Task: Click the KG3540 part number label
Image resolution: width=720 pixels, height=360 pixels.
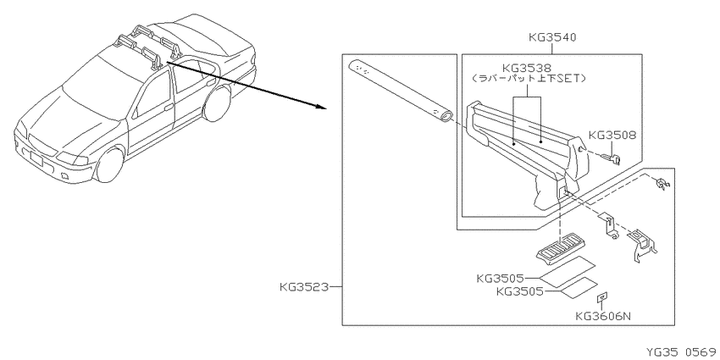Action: coord(552,36)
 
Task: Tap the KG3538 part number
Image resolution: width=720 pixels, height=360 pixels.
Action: coord(527,69)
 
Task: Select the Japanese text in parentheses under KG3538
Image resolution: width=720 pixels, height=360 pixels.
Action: coord(529,79)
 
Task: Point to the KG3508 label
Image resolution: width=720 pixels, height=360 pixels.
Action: coord(612,135)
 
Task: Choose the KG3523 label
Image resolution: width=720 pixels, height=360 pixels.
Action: coord(304,287)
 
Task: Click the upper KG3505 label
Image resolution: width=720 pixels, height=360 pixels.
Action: coord(501,279)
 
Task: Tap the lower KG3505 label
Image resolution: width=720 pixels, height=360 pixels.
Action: coord(520,291)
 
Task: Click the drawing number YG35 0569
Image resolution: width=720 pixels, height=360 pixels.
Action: coord(681,352)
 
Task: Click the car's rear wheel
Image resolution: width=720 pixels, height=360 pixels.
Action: coord(216,104)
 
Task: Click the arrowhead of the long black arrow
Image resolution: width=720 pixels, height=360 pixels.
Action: coord(320,108)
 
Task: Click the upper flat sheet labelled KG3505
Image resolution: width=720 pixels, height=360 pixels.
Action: coord(566,271)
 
